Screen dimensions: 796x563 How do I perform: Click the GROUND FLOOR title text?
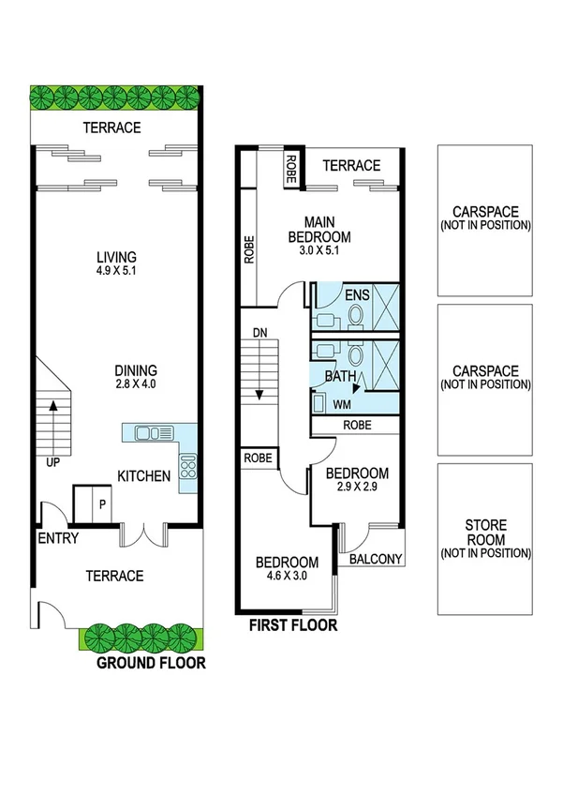(x=151, y=664)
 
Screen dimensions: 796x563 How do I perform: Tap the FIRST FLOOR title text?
(x=291, y=625)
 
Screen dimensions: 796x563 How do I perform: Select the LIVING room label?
(x=116, y=257)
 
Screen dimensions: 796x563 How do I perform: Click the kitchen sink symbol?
(x=149, y=433)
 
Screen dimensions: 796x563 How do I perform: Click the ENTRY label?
(x=58, y=538)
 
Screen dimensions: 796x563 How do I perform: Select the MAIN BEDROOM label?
(x=319, y=229)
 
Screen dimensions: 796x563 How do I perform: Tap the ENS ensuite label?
(x=357, y=295)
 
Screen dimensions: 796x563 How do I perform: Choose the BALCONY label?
(x=375, y=560)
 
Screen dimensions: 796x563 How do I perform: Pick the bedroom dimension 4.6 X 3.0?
(x=288, y=576)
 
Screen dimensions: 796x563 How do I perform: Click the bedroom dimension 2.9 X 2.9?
(x=356, y=487)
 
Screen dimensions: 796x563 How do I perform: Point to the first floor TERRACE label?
(x=351, y=166)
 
